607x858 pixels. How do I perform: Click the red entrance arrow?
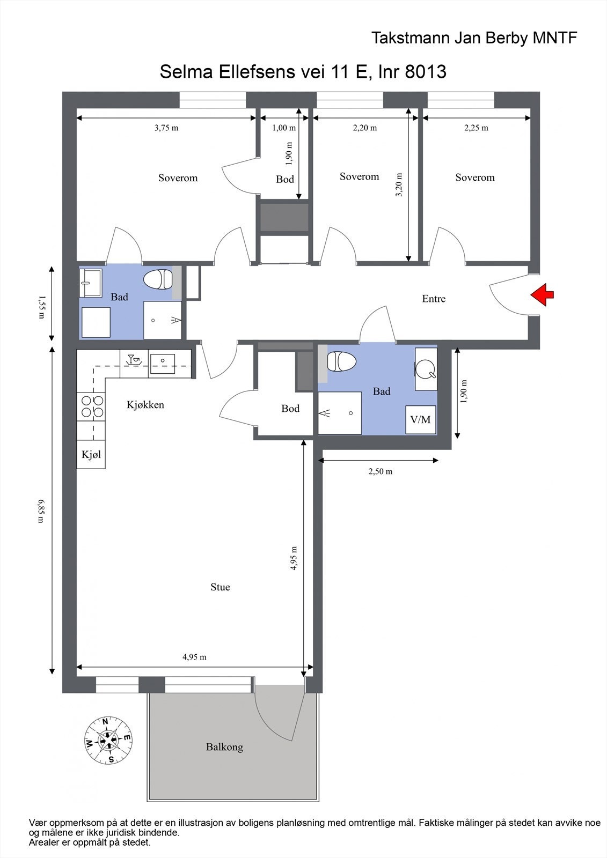[543, 295]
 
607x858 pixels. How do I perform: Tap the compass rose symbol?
[109, 740]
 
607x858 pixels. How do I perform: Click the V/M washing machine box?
[420, 419]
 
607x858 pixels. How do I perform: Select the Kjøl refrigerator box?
[91, 455]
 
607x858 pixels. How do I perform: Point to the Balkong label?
[224, 746]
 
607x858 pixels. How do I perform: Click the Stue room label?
[220, 587]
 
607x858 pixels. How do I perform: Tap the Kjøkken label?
[145, 405]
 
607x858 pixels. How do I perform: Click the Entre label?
[434, 299]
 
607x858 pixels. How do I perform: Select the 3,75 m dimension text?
[166, 128]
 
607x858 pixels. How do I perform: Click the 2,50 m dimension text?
[380, 471]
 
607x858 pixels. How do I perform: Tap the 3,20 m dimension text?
[399, 184]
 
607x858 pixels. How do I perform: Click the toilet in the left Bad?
[158, 279]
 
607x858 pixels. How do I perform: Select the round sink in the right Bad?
[426, 368]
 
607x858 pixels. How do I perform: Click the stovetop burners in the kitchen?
[91, 406]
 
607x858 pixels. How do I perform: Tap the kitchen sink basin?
[162, 363]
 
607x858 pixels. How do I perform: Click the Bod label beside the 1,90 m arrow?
[285, 179]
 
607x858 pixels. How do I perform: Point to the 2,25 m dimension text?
[476, 128]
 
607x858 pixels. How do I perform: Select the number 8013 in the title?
[426, 71]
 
